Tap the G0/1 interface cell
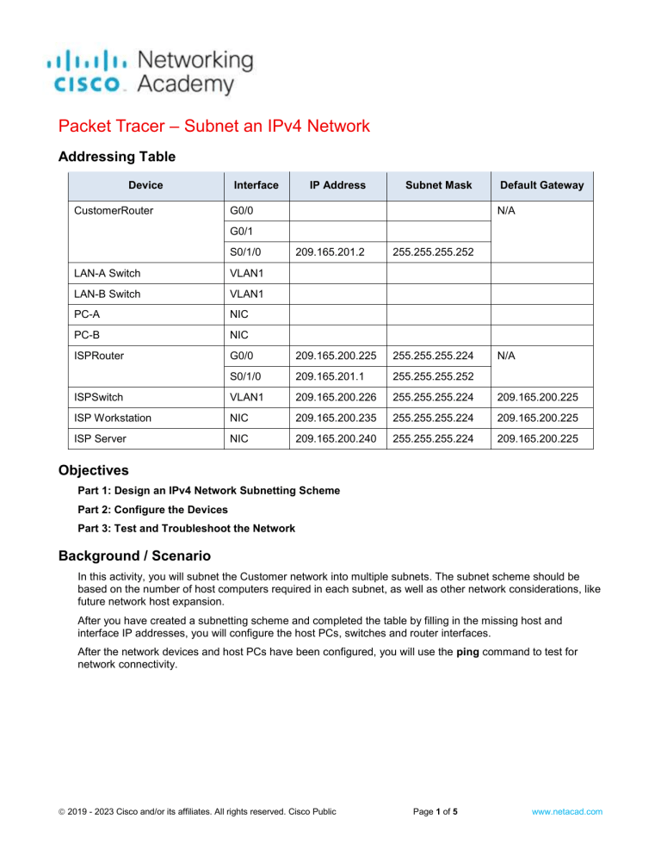click(x=244, y=232)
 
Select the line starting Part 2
click(x=148, y=509)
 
